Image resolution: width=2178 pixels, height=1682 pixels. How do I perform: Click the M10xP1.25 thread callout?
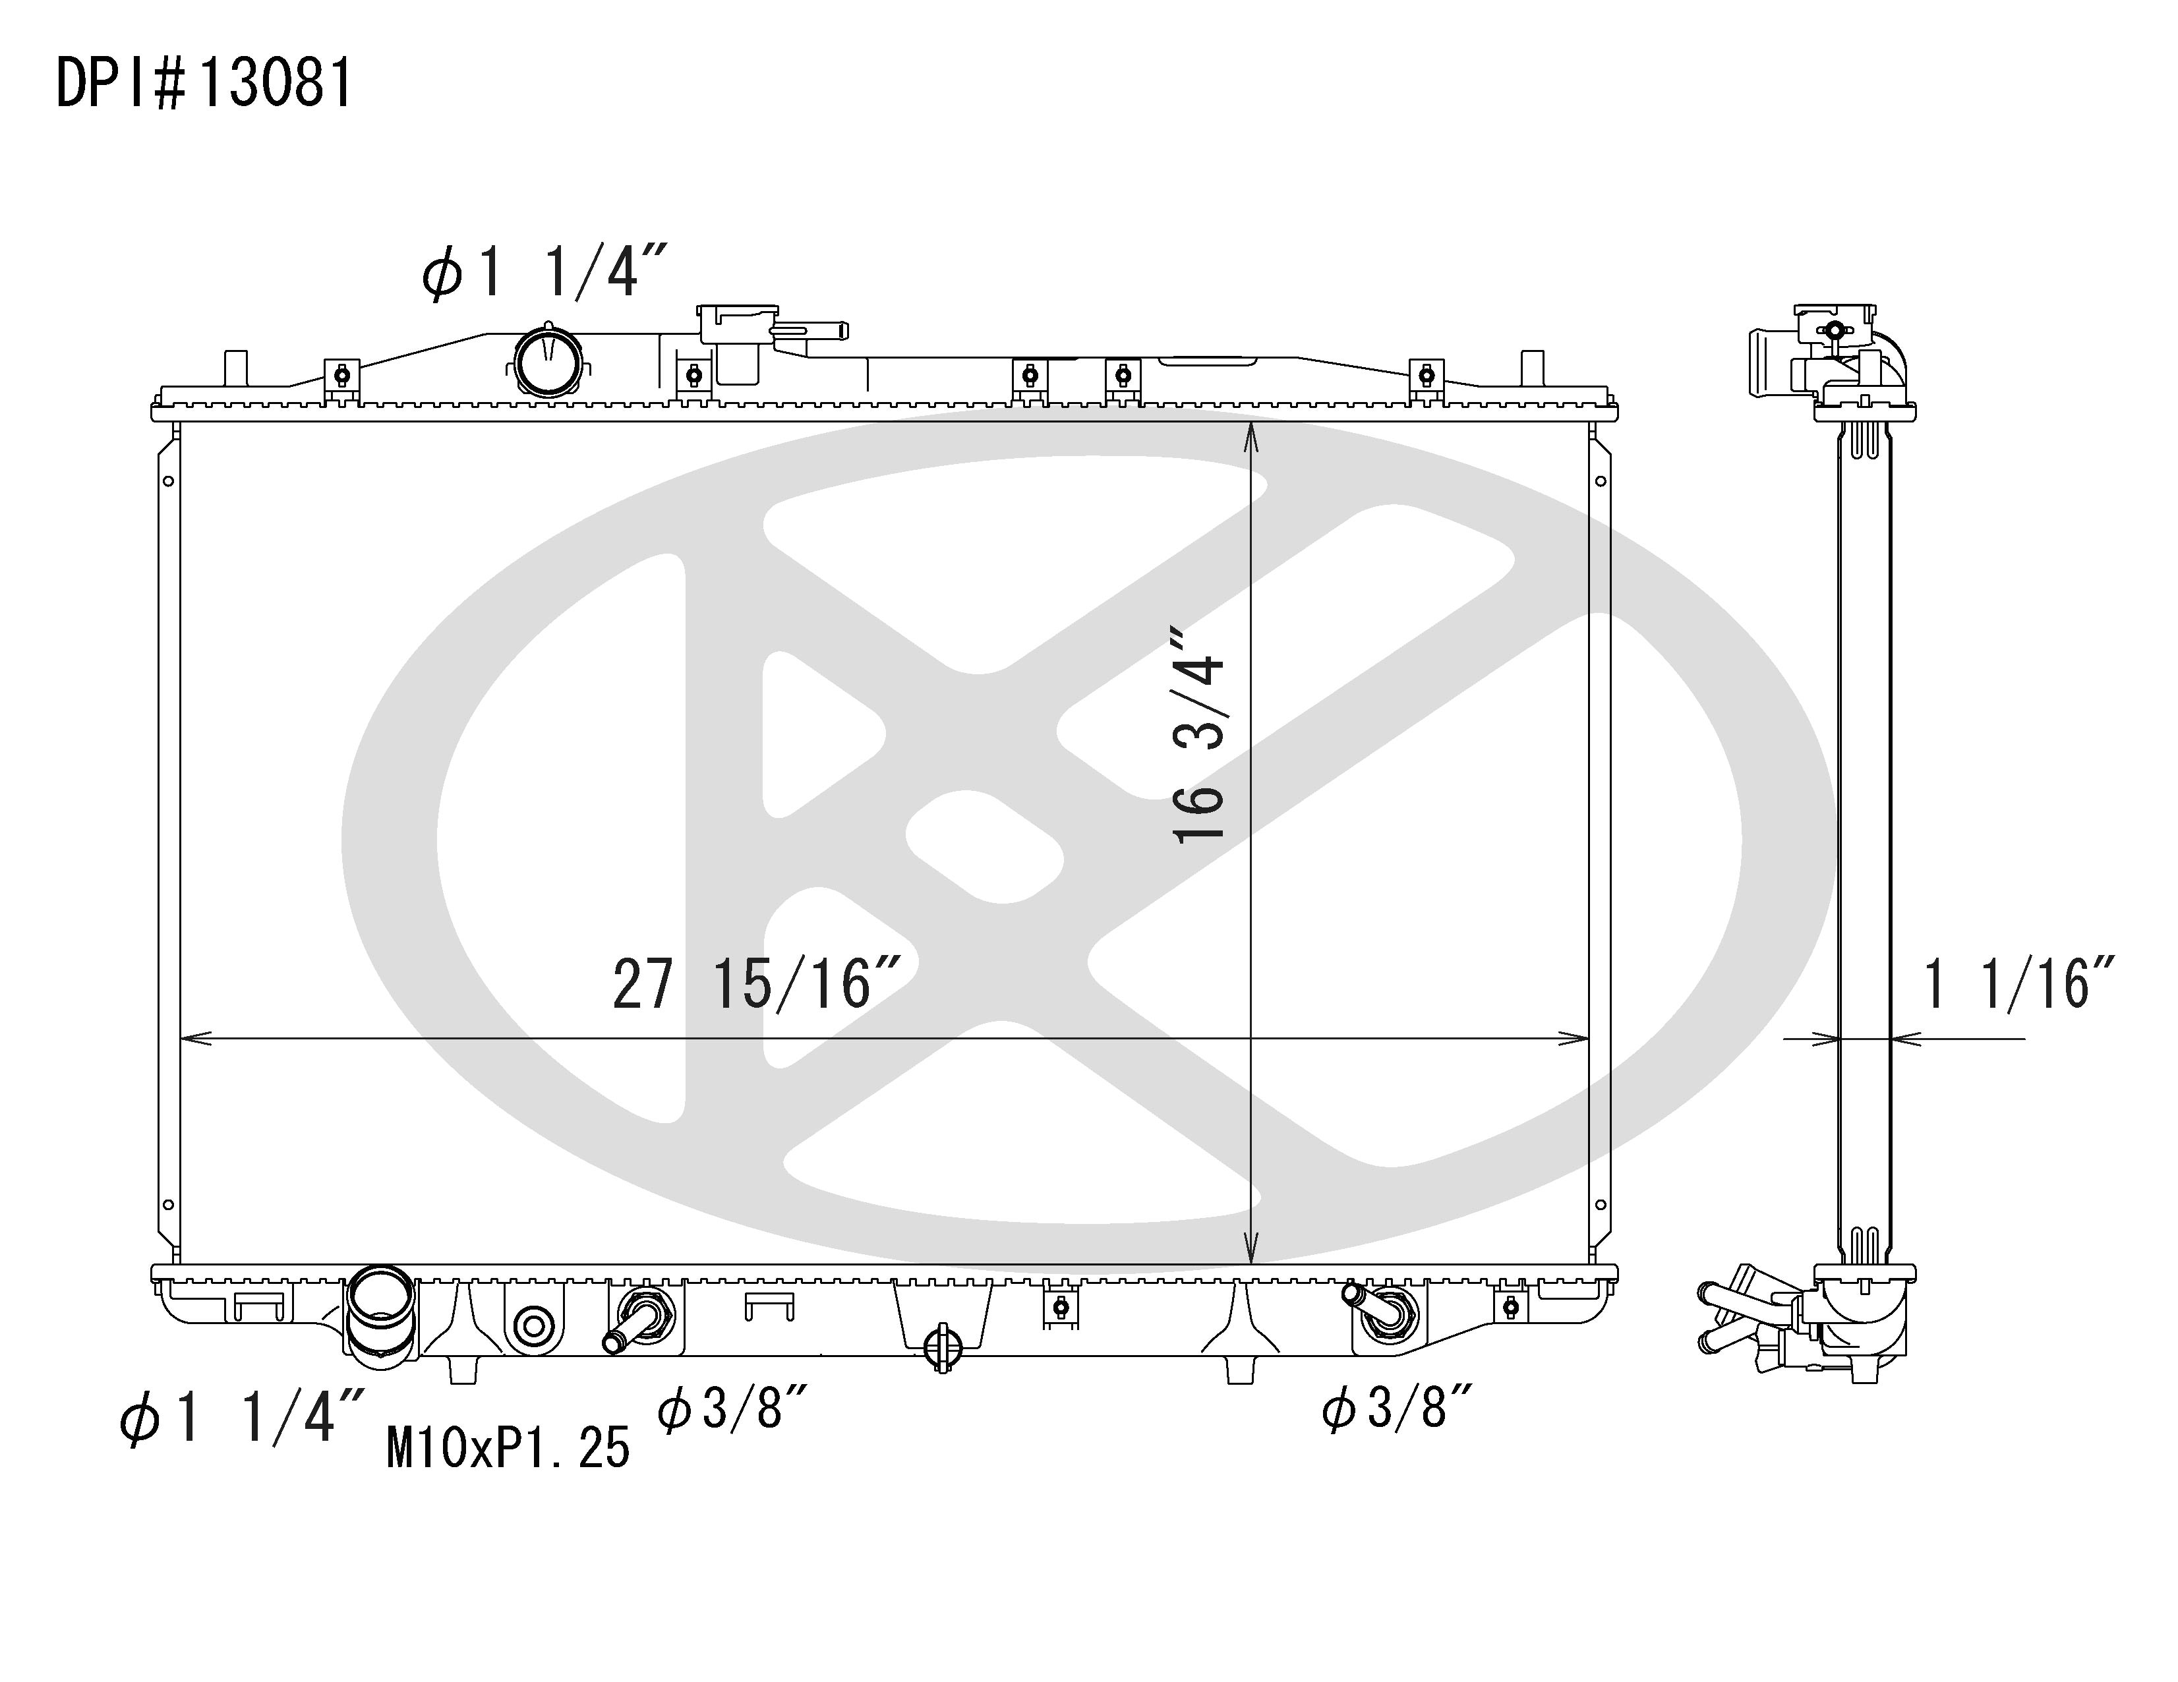pyautogui.click(x=509, y=1448)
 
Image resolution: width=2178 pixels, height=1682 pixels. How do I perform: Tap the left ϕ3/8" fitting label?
pyautogui.click(x=732, y=1409)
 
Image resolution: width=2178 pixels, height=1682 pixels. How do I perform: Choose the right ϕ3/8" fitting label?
pyautogui.click(x=1397, y=1409)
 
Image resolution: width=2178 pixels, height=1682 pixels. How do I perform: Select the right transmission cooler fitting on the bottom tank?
pyautogui.click(x=1382, y=1311)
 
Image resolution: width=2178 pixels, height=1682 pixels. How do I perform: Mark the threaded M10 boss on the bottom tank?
pyautogui.click(x=533, y=1327)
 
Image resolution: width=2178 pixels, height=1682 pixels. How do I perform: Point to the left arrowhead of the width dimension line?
pyautogui.click(x=193, y=1039)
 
